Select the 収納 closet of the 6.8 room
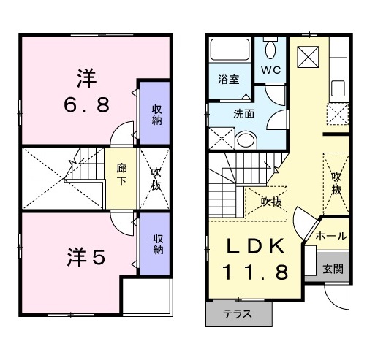pos(156,115)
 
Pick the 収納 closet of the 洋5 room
pos(157,244)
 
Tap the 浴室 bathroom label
pos(229,80)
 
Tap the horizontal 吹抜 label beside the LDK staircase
pos(272,202)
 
